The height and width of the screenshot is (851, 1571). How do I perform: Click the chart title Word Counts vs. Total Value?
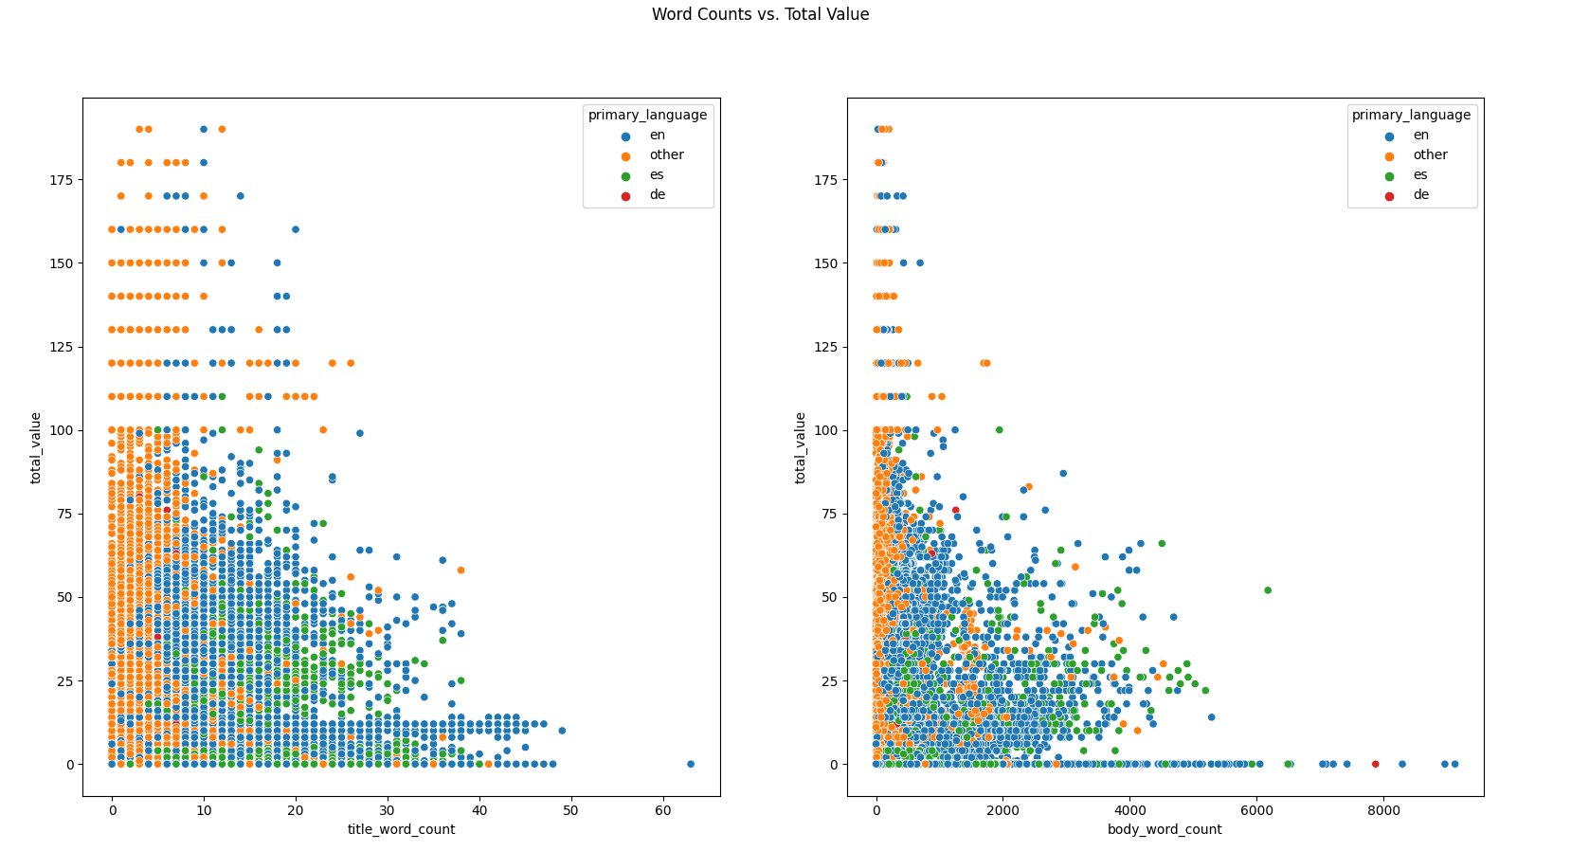pos(760,14)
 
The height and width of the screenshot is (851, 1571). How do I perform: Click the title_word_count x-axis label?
pos(401,829)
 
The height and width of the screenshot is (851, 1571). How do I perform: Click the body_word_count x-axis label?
pos(1165,829)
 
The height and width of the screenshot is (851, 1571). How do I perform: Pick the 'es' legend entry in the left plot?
pos(657,174)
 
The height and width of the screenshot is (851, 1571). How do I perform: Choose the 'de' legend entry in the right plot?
pos(1420,194)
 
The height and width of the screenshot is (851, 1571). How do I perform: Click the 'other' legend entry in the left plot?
pos(666,154)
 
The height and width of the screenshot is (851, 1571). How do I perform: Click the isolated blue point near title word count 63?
pos(690,764)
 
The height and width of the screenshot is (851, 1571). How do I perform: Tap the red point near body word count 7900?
pos(1375,764)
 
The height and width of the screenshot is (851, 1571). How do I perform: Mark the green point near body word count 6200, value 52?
pos(1267,590)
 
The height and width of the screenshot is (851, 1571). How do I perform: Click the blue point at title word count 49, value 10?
pos(562,731)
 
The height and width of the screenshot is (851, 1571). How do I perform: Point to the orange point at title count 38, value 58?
pos(460,570)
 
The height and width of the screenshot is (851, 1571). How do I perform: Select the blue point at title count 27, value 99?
pos(360,433)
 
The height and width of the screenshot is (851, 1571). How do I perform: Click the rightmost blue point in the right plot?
pos(1454,764)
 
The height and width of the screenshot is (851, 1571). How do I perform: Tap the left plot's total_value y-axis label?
pos(36,447)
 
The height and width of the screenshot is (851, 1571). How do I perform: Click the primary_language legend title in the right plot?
pos(1411,115)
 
